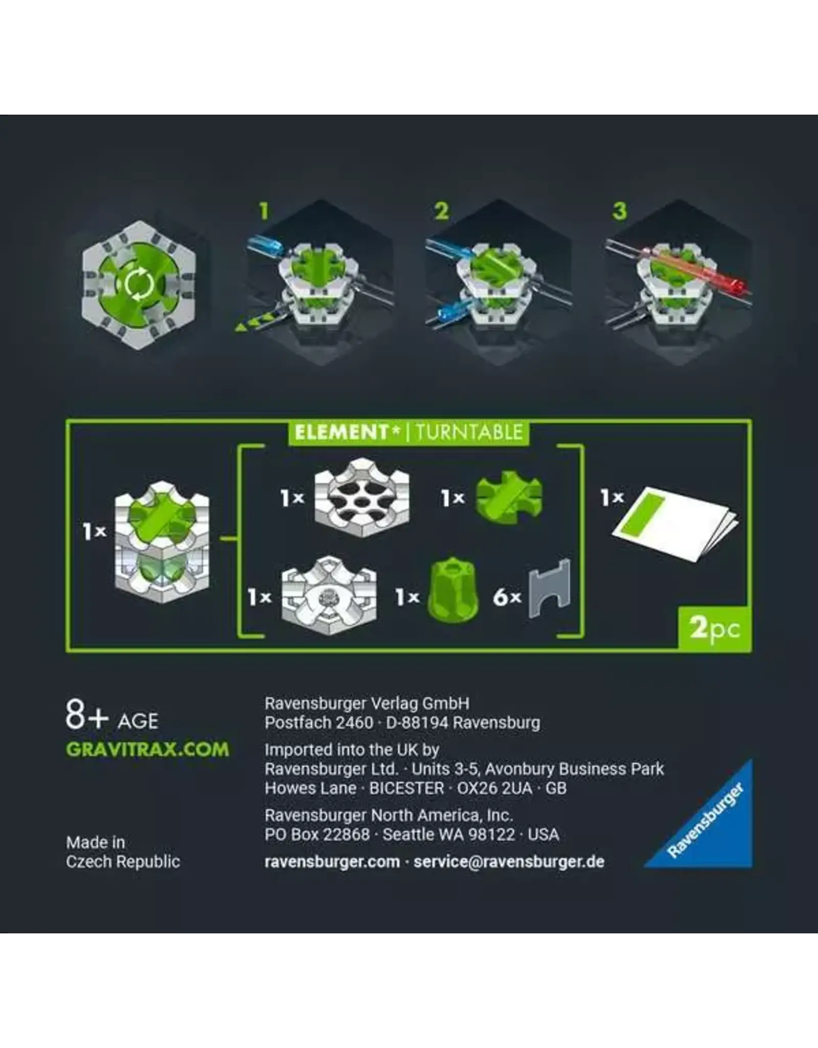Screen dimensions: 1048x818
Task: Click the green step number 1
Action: tap(263, 211)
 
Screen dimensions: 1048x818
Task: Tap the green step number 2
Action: tap(441, 211)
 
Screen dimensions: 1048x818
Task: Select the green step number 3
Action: tap(619, 211)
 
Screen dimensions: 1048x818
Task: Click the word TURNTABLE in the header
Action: tap(469, 432)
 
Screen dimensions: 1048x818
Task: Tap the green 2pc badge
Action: tap(715, 628)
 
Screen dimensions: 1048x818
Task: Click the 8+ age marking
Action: tap(87, 715)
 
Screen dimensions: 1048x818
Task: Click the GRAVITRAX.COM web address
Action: tap(147, 750)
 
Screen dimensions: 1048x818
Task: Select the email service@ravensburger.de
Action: tap(509, 861)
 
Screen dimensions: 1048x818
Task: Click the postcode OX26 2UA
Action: tap(494, 788)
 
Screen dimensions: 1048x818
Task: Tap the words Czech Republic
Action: tap(123, 861)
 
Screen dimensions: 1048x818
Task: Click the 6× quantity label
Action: tap(507, 597)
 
